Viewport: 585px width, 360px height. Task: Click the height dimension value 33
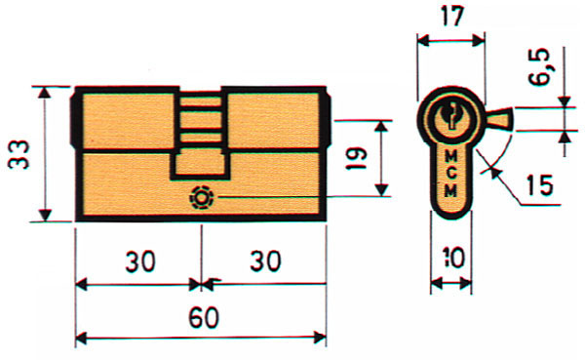tap(21, 153)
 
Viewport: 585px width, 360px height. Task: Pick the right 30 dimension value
tap(262, 263)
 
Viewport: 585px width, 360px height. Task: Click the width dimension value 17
tap(450, 18)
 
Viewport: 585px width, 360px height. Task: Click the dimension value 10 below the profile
tap(451, 260)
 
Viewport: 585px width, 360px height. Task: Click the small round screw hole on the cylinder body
tap(202, 196)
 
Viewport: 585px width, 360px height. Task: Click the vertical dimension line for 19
tap(383, 157)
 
